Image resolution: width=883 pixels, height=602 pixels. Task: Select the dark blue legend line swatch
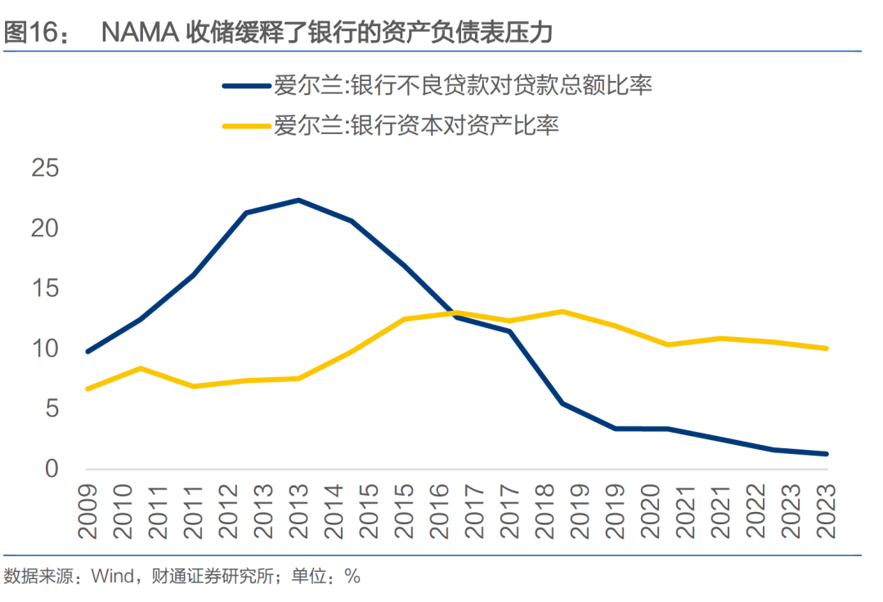tap(244, 84)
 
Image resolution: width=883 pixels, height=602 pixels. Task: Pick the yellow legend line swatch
tap(244, 126)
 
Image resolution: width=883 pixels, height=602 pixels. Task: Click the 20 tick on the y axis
tap(46, 229)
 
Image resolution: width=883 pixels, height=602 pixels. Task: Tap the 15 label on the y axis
tap(46, 289)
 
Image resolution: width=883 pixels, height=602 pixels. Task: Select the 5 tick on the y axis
tap(52, 409)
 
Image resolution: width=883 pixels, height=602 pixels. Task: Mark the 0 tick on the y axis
tap(52, 469)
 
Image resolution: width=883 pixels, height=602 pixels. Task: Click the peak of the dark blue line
tap(298, 200)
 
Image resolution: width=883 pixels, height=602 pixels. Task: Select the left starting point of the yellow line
tap(87, 389)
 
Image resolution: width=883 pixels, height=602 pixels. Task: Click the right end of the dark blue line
tap(827, 454)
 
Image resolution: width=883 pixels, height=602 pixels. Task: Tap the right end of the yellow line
tap(827, 348)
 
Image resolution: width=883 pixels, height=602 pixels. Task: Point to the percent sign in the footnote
tap(352, 577)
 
